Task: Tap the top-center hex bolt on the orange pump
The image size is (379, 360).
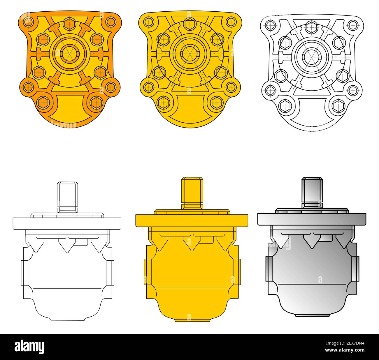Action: coord(69,23)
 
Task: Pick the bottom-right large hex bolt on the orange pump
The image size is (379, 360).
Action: coord(96,102)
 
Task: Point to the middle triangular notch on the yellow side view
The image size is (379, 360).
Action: coord(192,243)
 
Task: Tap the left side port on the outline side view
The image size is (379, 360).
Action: coord(24,273)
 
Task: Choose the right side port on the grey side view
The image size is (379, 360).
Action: coord(355,269)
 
